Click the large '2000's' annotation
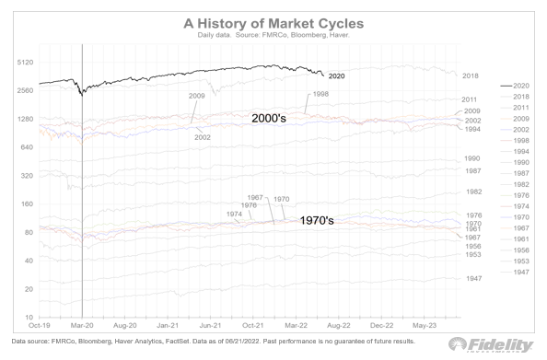274,119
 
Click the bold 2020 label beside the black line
336,75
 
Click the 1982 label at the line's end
474,192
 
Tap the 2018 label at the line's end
471,75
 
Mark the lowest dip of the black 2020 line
82,94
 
